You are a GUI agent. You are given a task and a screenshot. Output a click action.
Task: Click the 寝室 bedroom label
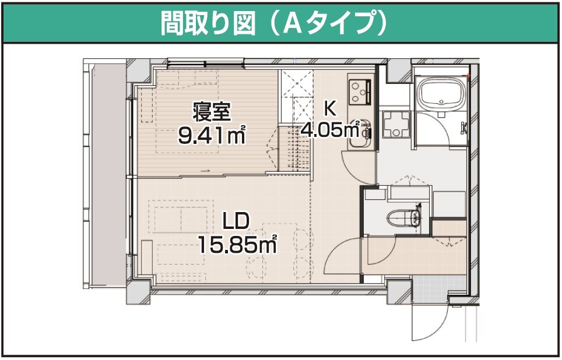point(211,111)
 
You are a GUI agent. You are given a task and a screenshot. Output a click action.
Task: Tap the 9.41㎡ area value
point(212,135)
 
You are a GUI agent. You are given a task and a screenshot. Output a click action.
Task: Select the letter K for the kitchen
point(330,109)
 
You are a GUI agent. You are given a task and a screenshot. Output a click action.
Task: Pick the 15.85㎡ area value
point(237,245)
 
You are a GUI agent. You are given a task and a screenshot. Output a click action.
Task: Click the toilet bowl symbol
point(403,217)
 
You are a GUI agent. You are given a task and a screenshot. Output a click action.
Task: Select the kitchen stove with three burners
point(359,91)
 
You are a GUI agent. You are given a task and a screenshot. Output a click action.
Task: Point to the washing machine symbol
point(396,124)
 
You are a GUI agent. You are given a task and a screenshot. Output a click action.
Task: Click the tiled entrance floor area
point(439,288)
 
